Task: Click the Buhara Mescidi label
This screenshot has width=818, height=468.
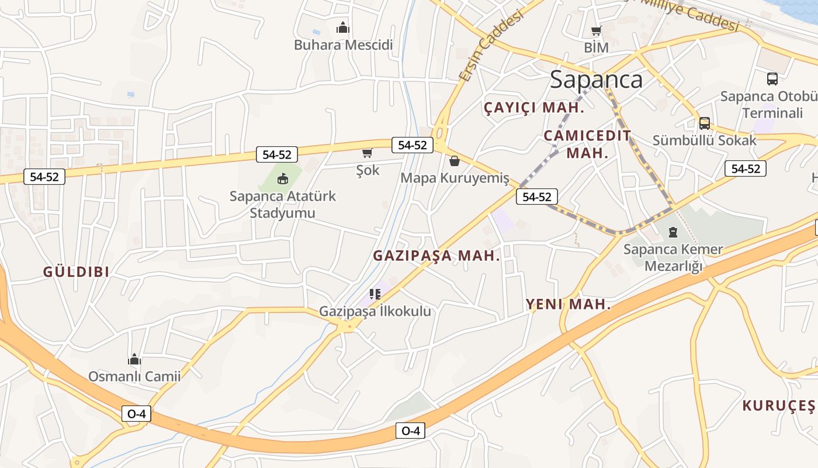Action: click(343, 45)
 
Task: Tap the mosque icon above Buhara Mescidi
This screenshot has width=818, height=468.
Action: click(342, 27)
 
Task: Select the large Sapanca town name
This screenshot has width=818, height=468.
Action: click(596, 80)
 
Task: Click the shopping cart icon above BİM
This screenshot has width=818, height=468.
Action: click(596, 31)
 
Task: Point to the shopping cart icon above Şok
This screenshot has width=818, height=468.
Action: click(367, 153)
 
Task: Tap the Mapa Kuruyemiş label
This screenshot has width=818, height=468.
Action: click(455, 178)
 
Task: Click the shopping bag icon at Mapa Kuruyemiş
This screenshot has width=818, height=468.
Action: click(455, 161)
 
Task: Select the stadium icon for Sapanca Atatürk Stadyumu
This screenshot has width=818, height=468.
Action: click(283, 178)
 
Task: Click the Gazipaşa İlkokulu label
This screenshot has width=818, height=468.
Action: click(375, 311)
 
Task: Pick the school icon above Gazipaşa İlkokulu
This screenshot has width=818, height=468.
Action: click(375, 294)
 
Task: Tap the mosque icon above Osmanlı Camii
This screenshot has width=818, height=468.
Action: click(134, 359)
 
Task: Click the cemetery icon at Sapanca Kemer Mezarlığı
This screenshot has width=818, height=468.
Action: click(673, 232)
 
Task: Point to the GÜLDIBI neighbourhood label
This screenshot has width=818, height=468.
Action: click(77, 272)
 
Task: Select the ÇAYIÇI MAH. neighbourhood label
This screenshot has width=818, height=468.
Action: click(534, 108)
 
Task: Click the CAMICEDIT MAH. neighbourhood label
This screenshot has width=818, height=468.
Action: click(587, 144)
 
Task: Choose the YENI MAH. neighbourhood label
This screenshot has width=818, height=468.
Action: click(568, 304)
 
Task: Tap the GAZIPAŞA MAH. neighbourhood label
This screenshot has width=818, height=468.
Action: click(436, 256)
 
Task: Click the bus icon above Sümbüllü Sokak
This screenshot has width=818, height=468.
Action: click(705, 123)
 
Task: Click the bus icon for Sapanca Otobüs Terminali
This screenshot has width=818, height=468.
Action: click(772, 79)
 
